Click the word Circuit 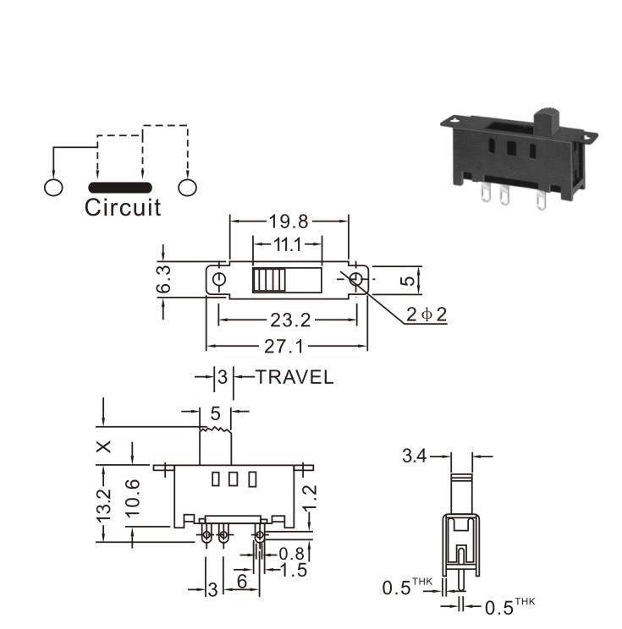[123, 207]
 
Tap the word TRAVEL [294, 377]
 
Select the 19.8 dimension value [289, 221]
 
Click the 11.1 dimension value [287, 244]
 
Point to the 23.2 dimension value [290, 320]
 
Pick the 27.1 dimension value [283, 346]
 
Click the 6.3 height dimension [164, 279]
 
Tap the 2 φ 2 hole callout [427, 314]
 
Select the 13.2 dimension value [103, 505]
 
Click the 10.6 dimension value [132, 497]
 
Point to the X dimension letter [104, 446]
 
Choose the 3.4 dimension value [414, 456]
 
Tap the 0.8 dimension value [292, 554]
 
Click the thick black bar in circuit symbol [120, 188]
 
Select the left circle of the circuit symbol [53, 188]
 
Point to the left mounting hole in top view [219, 279]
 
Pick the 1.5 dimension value [294, 570]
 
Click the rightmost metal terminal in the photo [541, 200]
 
